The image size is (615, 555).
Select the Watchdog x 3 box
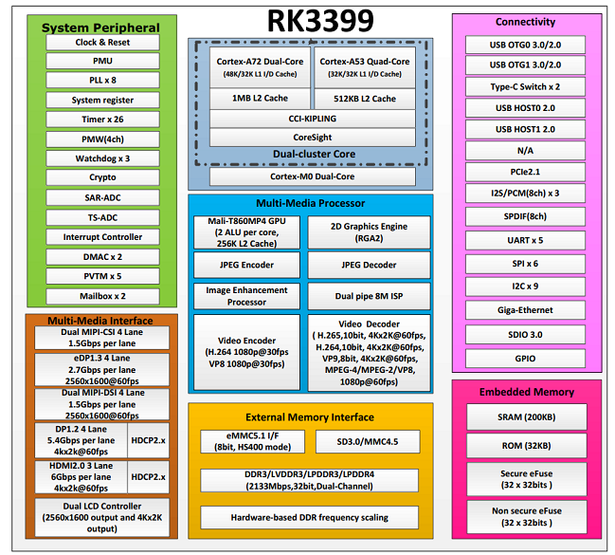pos(102,158)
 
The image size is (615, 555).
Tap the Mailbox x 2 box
pos(102,295)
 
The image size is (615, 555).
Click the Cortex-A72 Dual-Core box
pos(259,66)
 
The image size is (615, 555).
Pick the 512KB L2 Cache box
pos(364,98)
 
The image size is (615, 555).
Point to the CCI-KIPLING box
pos(312,119)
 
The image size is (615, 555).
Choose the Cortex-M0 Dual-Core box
pos(312,176)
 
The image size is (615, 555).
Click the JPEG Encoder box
pos(247,265)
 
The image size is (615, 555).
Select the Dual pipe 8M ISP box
pos(369,296)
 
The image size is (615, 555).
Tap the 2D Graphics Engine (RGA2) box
pos(369,232)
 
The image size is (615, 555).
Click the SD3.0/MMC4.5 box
pos(369,442)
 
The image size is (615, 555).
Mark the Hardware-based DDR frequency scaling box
pos(309,517)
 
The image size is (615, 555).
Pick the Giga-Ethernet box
pos(525,310)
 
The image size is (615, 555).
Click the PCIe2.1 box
pos(525,172)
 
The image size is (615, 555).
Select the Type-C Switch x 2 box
pos(525,85)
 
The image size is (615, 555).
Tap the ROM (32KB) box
pos(525,447)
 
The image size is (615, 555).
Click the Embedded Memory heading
pos(526,392)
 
